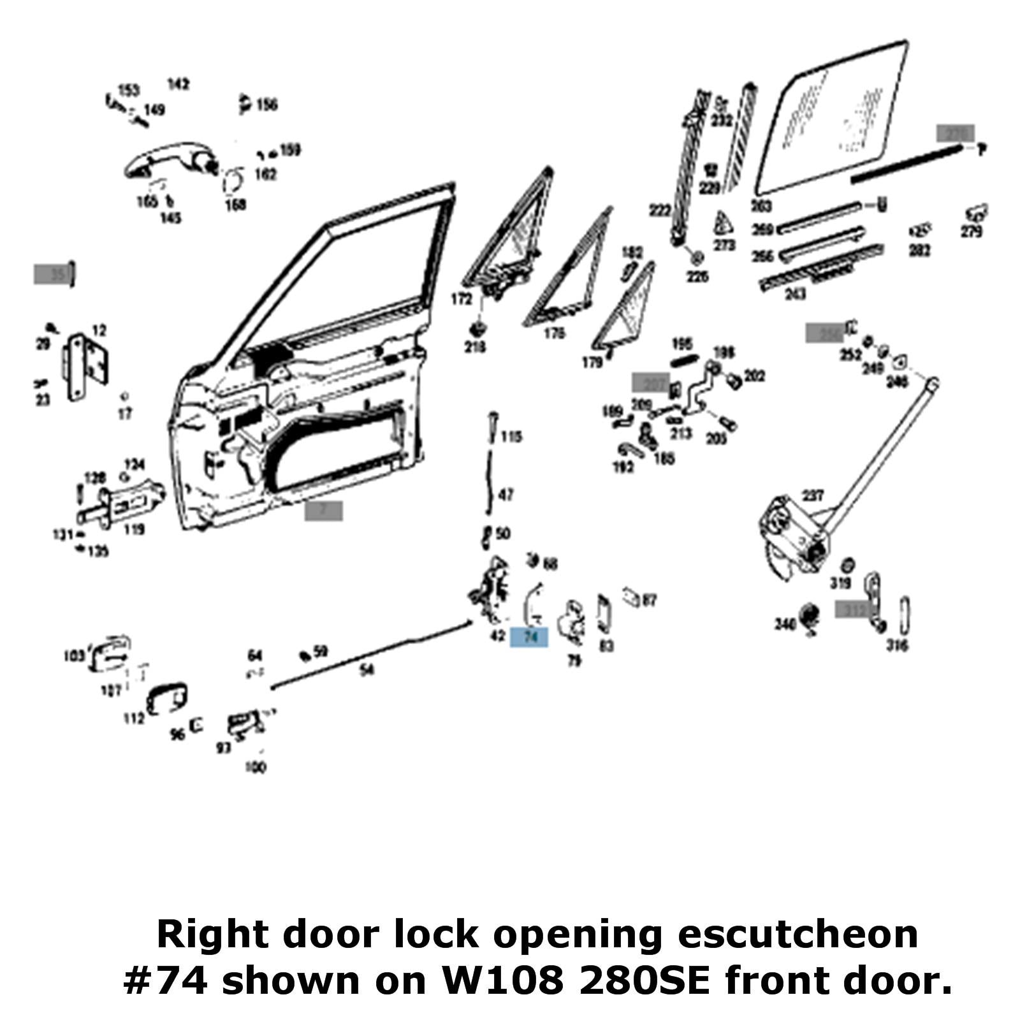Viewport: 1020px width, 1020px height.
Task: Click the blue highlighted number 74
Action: [530, 636]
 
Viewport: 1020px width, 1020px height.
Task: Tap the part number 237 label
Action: [813, 495]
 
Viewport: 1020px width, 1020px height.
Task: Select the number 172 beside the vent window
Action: [462, 299]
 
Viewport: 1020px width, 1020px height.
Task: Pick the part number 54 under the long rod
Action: [367, 669]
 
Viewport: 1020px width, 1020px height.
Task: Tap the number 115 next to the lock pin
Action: [511, 437]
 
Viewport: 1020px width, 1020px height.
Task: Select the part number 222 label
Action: [660, 210]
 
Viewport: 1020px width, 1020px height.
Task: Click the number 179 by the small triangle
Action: [592, 363]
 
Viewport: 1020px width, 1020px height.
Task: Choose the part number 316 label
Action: [897, 646]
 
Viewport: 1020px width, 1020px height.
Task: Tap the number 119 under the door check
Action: [134, 529]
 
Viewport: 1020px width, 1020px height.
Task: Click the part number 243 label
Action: [795, 294]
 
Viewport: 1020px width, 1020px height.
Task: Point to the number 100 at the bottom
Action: [255, 768]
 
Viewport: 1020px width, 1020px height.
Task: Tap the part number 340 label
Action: [785, 623]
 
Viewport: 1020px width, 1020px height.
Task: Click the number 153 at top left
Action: [129, 90]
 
